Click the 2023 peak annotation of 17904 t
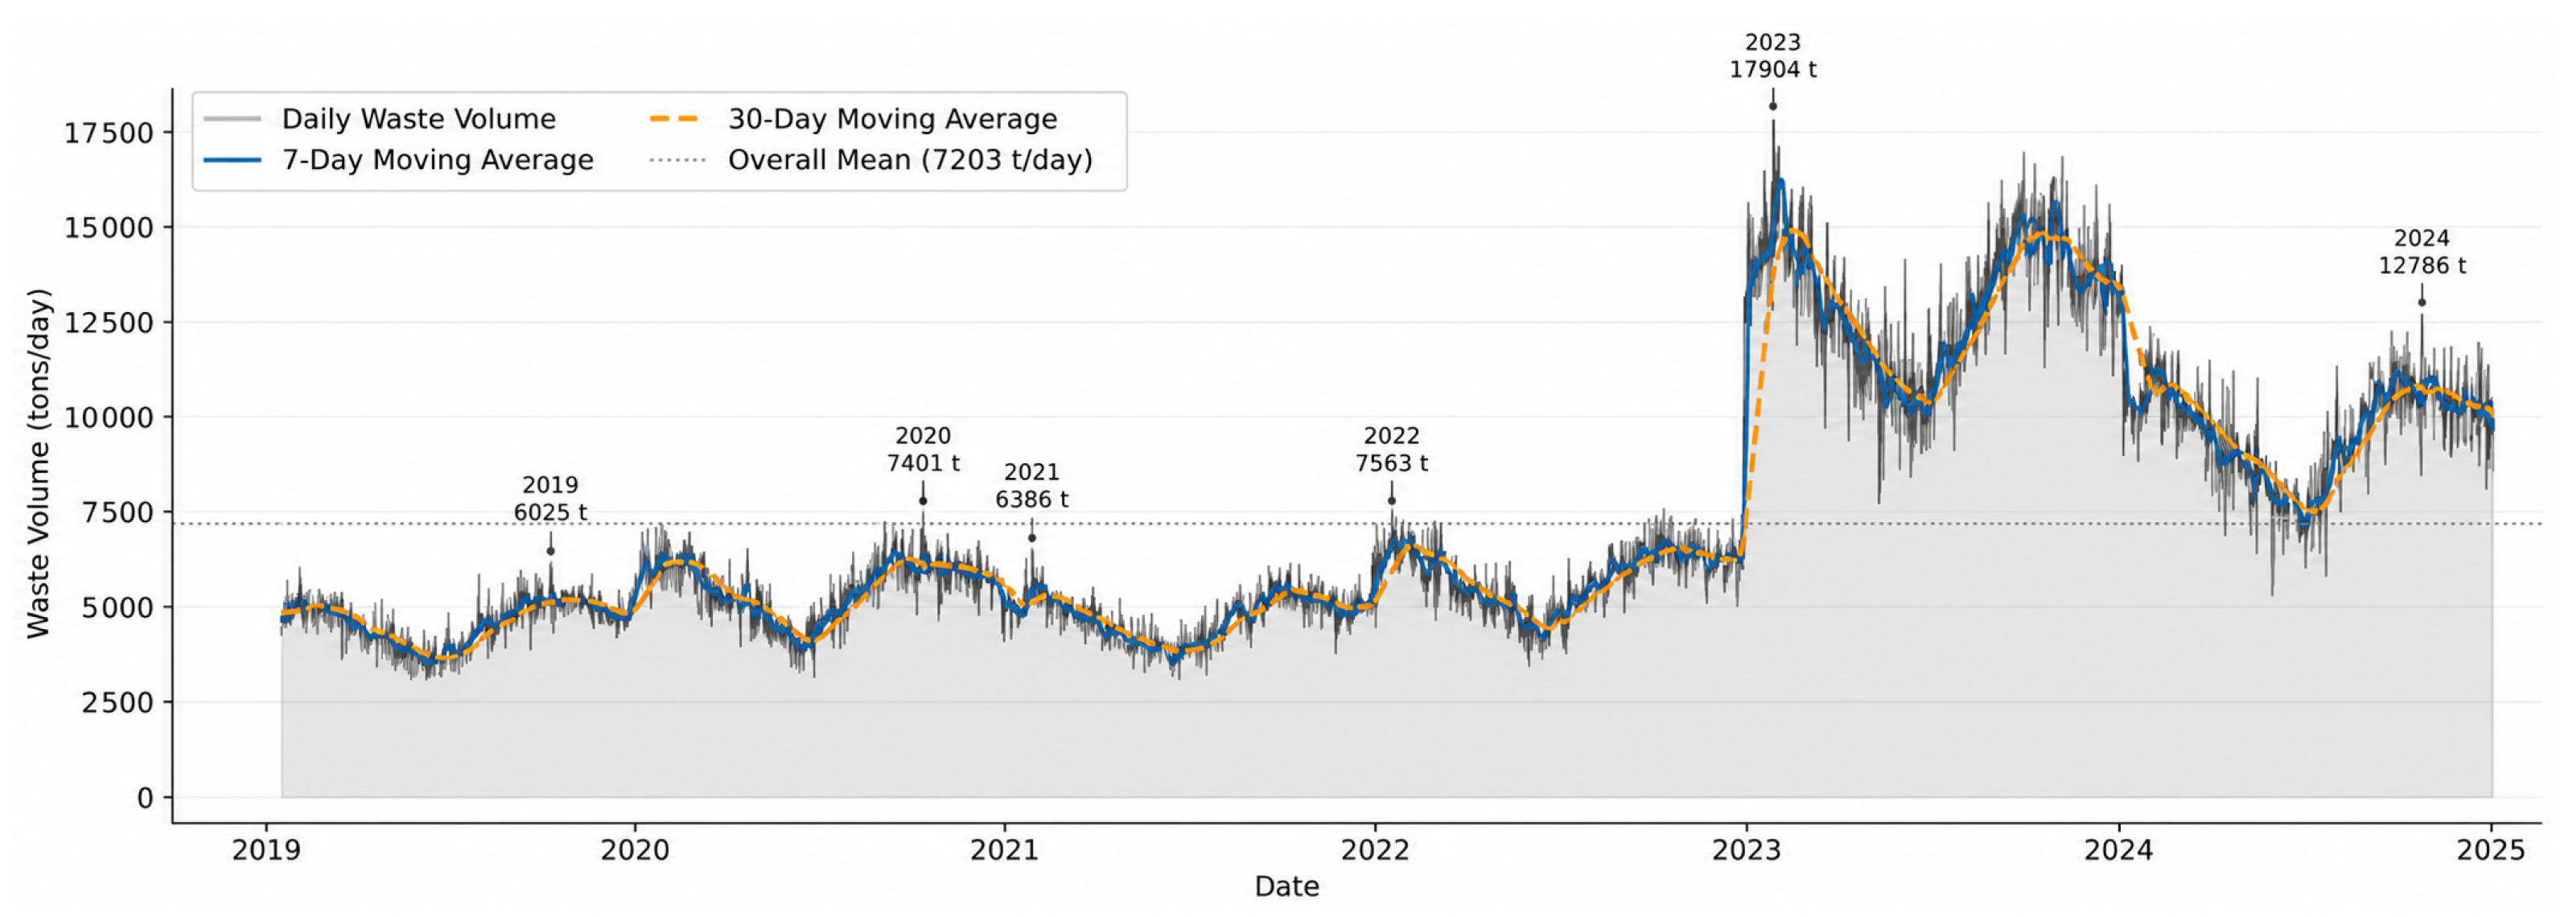pos(1773,56)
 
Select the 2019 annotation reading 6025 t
pos(550,499)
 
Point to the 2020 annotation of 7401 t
pos(924,449)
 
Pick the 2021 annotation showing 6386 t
pos(1031,486)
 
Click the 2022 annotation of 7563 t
pos(1391,449)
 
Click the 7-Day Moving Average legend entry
pos(398,160)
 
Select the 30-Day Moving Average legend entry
pos(854,119)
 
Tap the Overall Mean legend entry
pos(871,160)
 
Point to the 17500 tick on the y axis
pos(109,134)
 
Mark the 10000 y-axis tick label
pos(109,417)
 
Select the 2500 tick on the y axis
pos(117,702)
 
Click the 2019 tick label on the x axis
pos(265,850)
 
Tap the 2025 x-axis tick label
pos(2492,850)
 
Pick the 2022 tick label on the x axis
pos(1376,850)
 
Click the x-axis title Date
pos(1287,886)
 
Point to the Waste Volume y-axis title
pos(38,463)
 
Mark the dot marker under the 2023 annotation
pos(1773,106)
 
